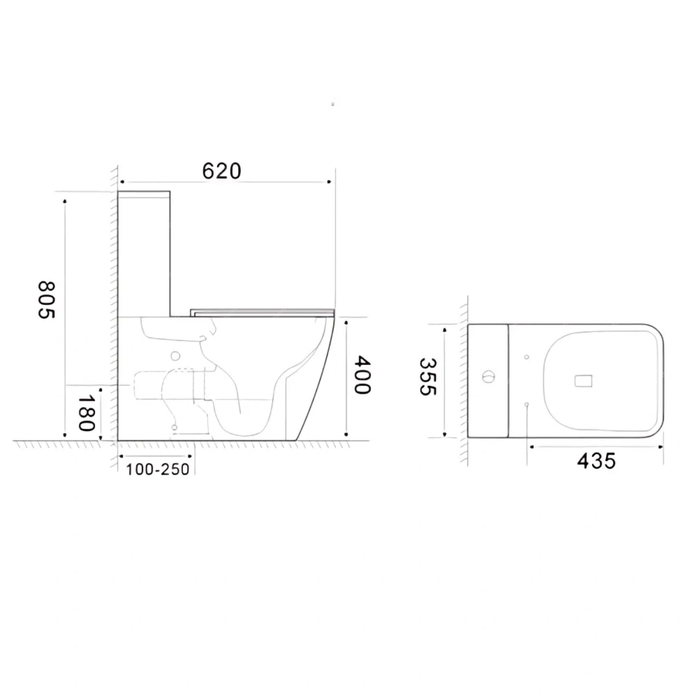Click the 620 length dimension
click(x=221, y=171)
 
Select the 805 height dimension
click(x=46, y=300)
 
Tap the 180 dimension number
click(x=86, y=413)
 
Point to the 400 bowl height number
click(x=362, y=375)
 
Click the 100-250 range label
click(x=158, y=469)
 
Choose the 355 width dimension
click(x=428, y=376)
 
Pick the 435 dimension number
click(x=596, y=461)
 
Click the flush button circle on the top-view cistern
click(x=488, y=377)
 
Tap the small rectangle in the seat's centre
click(x=583, y=381)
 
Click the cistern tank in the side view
click(x=144, y=254)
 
